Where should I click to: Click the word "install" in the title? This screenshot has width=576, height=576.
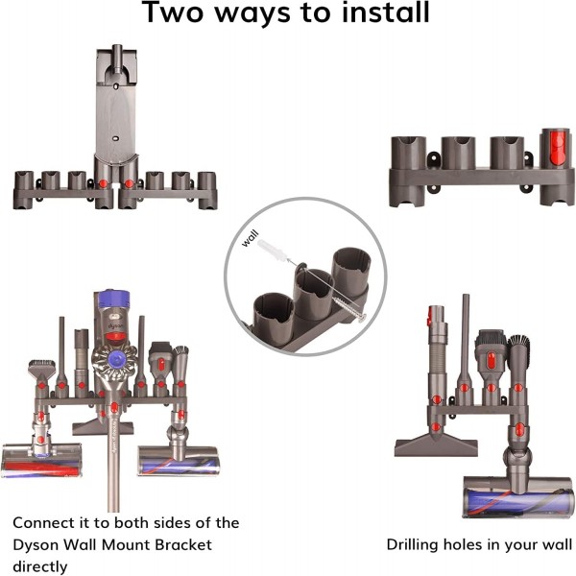pyautogui.click(x=385, y=12)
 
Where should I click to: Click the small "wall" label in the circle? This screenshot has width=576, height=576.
pyautogui.click(x=251, y=238)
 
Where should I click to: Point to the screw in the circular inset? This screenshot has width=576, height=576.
pyautogui.click(x=348, y=304)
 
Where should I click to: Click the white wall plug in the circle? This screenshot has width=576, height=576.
pyautogui.click(x=273, y=250)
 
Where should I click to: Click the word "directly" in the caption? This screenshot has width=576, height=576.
pyautogui.click(x=40, y=566)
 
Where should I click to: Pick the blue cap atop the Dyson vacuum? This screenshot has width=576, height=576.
pyautogui.click(x=111, y=300)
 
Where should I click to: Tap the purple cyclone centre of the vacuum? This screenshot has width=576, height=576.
pyautogui.click(x=117, y=358)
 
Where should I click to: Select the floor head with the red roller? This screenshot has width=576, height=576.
pyautogui.click(x=41, y=461)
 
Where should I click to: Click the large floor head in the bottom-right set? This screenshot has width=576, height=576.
pyautogui.click(x=518, y=496)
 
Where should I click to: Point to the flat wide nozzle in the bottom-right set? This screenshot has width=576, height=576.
pyautogui.click(x=436, y=445)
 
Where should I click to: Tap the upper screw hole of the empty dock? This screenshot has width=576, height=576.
pyautogui.click(x=116, y=86)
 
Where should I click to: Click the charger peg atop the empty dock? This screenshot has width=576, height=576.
pyautogui.click(x=117, y=59)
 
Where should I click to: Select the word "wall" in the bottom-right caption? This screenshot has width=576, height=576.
pyautogui.click(x=559, y=544)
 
